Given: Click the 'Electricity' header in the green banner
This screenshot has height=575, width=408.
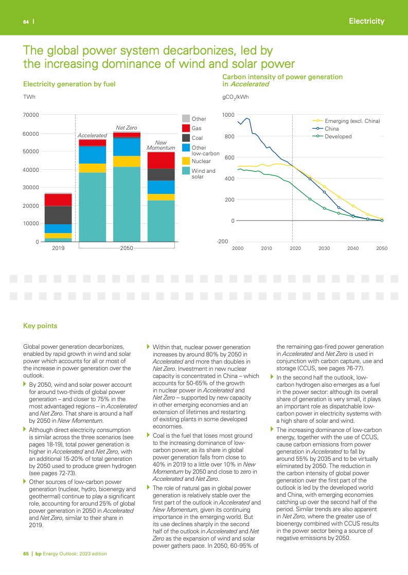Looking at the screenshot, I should (x=366, y=21).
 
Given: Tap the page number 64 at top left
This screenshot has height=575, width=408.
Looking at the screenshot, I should (x=25, y=22).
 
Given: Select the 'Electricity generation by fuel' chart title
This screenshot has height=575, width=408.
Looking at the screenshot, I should (x=69, y=84).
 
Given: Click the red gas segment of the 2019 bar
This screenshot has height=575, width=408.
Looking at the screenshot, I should (x=58, y=200).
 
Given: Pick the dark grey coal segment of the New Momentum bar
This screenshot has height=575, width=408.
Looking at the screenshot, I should (x=161, y=174).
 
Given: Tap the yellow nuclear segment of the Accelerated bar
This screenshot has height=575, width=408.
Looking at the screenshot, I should (x=92, y=168).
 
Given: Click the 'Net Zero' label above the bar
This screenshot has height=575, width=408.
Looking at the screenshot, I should (x=126, y=127).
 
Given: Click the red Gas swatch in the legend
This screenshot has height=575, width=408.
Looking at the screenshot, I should (x=186, y=128).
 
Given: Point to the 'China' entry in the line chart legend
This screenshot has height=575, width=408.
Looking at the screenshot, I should (x=331, y=129).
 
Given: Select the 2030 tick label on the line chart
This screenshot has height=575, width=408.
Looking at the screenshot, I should (x=324, y=248).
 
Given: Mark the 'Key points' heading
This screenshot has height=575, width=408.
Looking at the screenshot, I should (x=40, y=326).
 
